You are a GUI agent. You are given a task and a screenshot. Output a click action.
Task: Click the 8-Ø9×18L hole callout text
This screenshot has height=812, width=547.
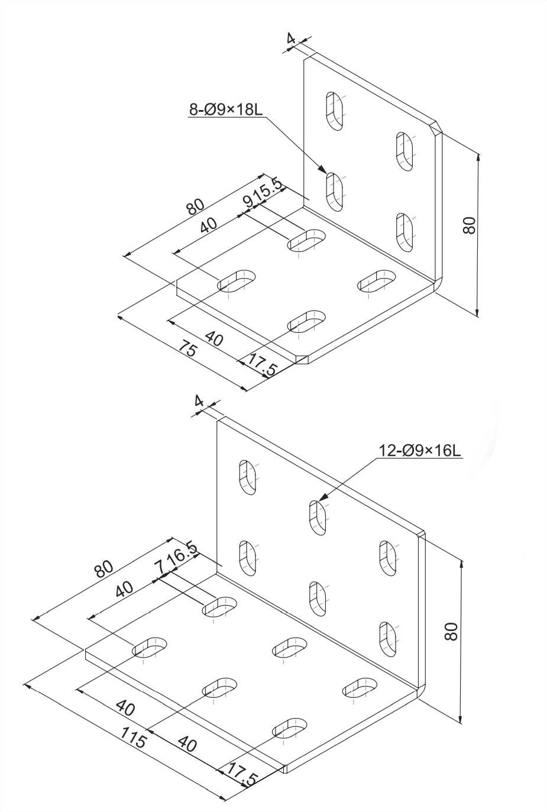click(225, 109)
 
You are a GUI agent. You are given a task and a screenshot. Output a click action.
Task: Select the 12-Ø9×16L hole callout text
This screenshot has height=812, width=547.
click(420, 450)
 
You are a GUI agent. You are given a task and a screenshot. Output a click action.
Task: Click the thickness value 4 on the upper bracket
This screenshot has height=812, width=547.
click(290, 38)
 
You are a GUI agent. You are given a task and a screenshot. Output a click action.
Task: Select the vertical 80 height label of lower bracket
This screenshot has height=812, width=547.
click(451, 632)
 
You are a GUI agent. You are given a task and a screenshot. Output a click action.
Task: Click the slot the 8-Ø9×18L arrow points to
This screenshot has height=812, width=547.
click(335, 191)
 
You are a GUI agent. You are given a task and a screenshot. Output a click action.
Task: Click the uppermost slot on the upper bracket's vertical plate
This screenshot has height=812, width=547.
click(335, 111)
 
